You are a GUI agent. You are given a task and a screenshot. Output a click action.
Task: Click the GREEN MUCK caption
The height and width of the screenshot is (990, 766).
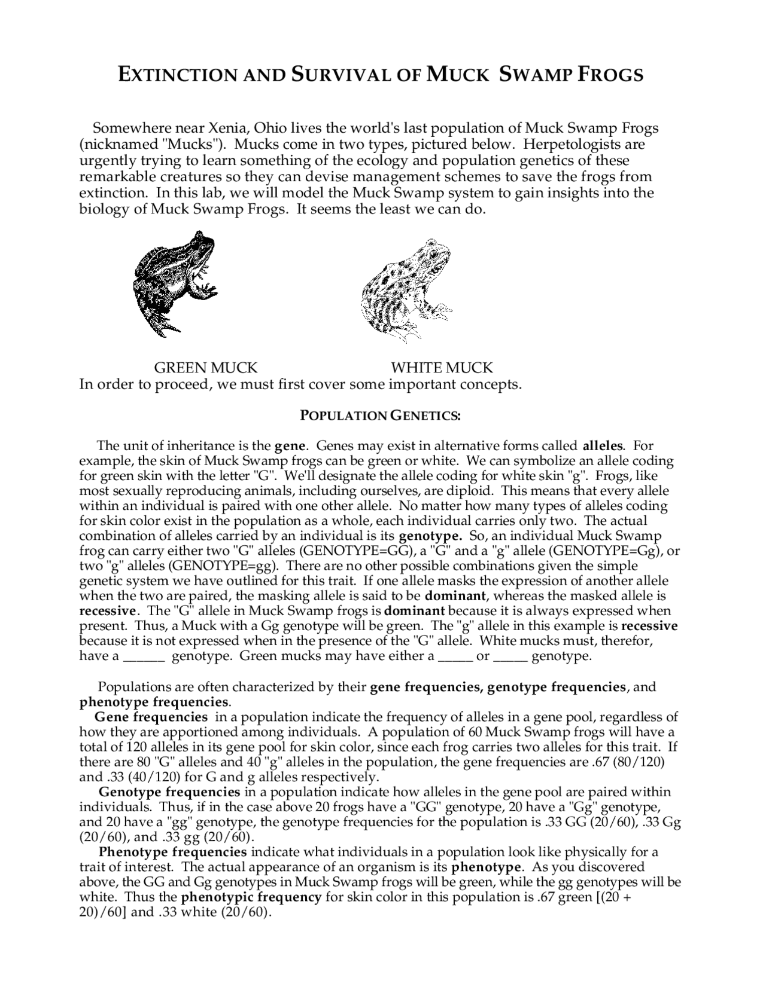[x=206, y=368]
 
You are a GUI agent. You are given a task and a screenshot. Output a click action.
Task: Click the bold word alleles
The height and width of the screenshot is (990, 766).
[x=603, y=446]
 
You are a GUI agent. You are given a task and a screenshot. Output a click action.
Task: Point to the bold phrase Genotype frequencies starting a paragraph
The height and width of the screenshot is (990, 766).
[x=169, y=792]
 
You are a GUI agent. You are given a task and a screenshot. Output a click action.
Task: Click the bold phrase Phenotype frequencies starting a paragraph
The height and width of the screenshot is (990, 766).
[x=173, y=852]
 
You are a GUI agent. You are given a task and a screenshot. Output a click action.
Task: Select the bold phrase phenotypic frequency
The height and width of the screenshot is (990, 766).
[x=251, y=897]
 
